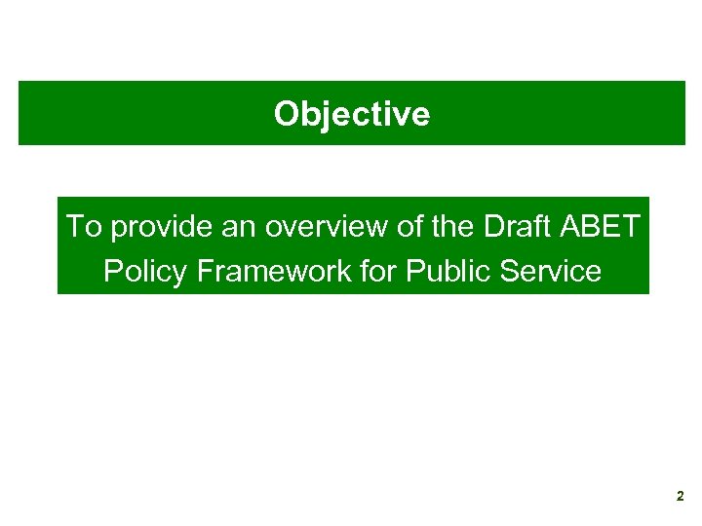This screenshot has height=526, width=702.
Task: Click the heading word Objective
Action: pyautogui.click(x=351, y=114)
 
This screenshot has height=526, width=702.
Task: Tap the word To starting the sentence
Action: pyautogui.click(x=84, y=227)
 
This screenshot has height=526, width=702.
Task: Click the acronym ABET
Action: pyautogui.click(x=602, y=227)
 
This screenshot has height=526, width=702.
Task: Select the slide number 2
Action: pyautogui.click(x=680, y=497)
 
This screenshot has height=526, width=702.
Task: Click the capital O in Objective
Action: pyautogui.click(x=286, y=114)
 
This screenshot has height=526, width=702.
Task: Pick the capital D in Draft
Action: pyautogui.click(x=491, y=227)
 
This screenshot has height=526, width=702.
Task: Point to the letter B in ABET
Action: pyautogui.click(x=592, y=227)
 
